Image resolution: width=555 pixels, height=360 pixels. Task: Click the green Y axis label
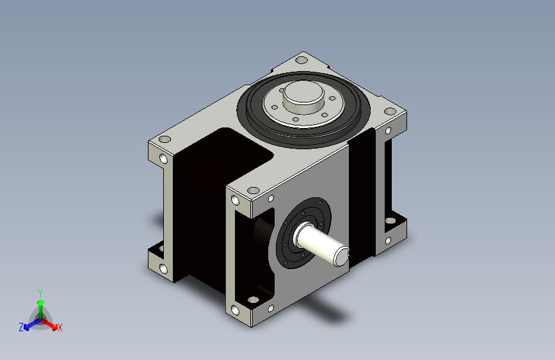coord(40,293)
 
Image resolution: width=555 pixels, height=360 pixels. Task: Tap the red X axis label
coord(60,327)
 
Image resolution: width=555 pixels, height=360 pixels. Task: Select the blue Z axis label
coord(21,327)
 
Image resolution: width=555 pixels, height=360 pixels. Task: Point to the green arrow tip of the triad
coord(41,302)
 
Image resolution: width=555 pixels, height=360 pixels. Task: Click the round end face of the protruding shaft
coord(342,256)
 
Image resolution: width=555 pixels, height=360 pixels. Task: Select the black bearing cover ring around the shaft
coord(303,233)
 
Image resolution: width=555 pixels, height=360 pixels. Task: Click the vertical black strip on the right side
coord(362,197)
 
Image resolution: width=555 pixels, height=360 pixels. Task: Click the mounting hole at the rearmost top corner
coord(302,60)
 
